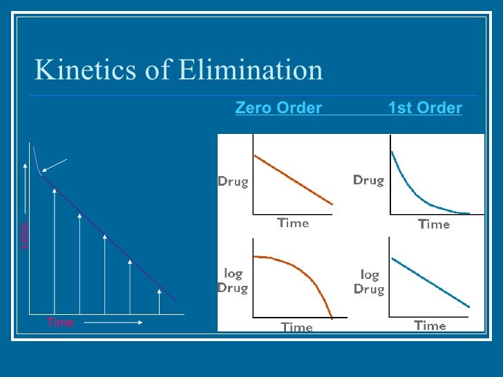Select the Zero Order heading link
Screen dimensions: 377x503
[278, 108]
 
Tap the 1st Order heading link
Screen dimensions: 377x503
[425, 108]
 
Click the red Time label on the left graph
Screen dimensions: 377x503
[60, 322]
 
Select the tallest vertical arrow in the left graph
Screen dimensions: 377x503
[55, 249]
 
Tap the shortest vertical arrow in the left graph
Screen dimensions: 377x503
[160, 301]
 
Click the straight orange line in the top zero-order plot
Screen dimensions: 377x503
[294, 180]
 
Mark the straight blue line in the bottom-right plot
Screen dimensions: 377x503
[430, 282]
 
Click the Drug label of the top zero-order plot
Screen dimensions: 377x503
[234, 182]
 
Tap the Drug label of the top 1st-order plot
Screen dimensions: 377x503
[368, 180]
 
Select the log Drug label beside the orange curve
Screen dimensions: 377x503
[233, 282]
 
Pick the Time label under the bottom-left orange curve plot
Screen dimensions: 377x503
[296, 327]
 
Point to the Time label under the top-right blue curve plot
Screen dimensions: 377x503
[434, 224]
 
